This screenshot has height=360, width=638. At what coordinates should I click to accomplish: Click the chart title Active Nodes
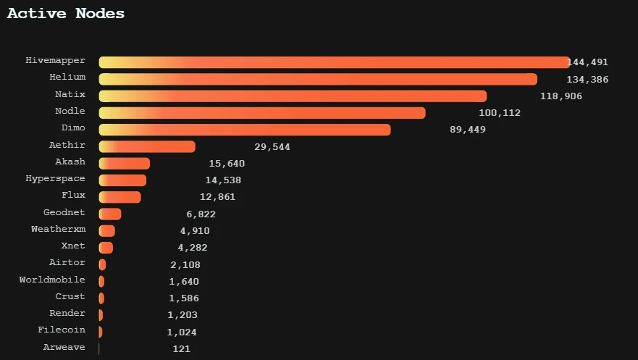tap(66, 14)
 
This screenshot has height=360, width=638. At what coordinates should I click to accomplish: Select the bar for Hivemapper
tap(333, 62)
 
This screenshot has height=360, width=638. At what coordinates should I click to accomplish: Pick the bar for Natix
tap(293, 96)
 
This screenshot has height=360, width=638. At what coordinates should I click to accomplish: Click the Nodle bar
tap(261, 113)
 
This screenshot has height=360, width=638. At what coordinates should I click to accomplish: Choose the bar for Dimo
tap(244, 130)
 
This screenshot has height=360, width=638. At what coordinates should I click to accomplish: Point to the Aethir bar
tap(147, 146)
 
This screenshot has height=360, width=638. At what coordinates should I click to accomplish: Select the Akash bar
tap(124, 164)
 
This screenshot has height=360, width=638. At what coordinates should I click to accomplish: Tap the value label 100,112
tap(500, 113)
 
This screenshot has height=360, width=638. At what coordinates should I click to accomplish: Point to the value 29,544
tap(272, 147)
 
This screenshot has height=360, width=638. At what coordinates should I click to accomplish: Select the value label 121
tap(181, 349)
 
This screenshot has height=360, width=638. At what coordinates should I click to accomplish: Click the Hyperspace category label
tap(55, 178)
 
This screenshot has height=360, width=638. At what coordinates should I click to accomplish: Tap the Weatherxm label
tap(58, 229)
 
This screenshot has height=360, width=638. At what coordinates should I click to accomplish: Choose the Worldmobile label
tap(52, 280)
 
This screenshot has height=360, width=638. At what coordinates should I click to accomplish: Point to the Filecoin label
tap(62, 330)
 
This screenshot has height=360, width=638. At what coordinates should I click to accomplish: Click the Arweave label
tap(64, 347)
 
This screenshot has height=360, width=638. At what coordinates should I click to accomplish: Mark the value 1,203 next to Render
tap(182, 315)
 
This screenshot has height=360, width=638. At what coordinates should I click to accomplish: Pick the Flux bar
tap(119, 197)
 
